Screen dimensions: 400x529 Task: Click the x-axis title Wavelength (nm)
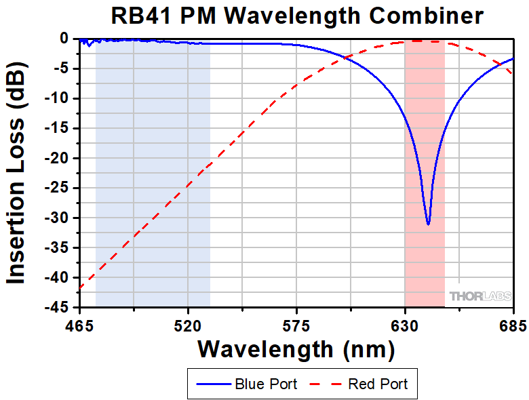[296, 349]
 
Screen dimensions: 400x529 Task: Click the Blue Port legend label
[266, 384]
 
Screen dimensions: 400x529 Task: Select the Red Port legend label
[378, 384]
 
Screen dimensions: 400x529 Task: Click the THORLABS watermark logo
[479, 297]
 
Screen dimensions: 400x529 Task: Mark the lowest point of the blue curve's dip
[428, 224]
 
